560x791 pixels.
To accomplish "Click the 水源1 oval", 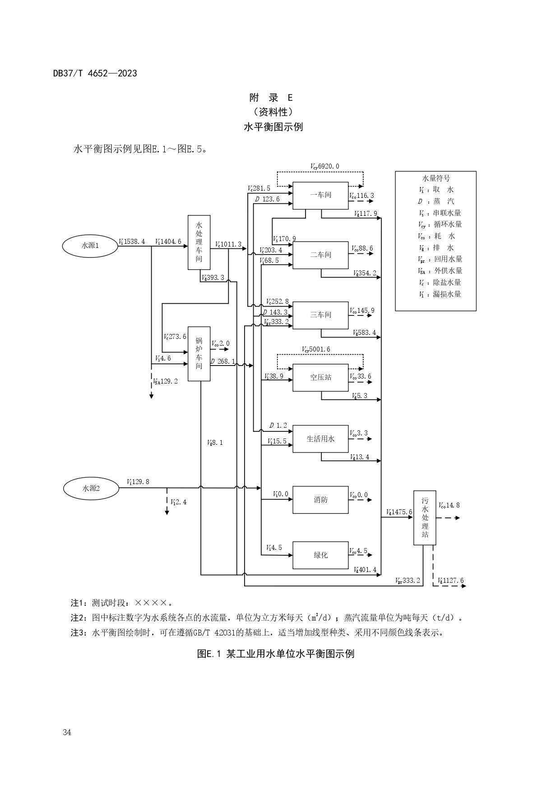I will [x=90, y=246].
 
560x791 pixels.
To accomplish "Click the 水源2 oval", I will [x=91, y=488].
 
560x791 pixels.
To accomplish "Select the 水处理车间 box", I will [x=199, y=242].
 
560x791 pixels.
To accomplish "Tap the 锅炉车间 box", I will [x=199, y=354].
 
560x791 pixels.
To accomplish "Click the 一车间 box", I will [x=320, y=195].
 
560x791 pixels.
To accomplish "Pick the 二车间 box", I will [x=320, y=255].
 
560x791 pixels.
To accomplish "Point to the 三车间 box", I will [x=320, y=315].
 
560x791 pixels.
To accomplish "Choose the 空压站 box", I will [x=320, y=378].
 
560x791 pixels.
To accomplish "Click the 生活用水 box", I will [x=320, y=439].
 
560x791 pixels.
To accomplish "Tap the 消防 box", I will [x=320, y=500].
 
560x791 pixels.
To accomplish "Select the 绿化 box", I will [x=320, y=555].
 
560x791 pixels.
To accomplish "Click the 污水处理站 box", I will [x=425, y=518].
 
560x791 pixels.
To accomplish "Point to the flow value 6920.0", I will [x=329, y=166].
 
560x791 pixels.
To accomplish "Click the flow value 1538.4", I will [x=134, y=242].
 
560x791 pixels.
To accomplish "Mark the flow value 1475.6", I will [x=402, y=512].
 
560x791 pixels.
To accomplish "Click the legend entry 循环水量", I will [x=448, y=224].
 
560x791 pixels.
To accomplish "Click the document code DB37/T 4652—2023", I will [x=95, y=73].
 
